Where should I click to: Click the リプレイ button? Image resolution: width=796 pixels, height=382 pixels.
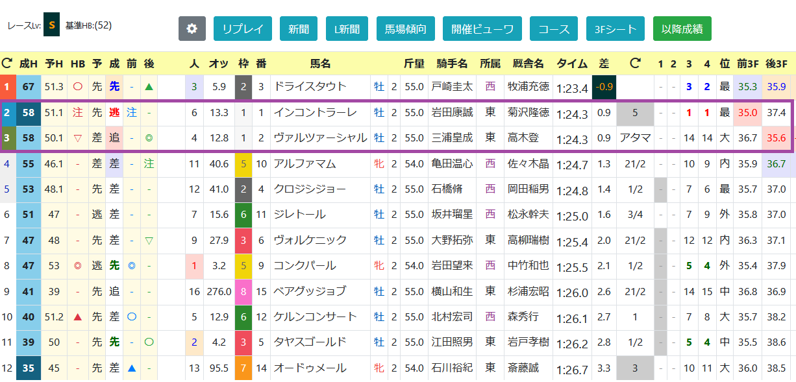243,29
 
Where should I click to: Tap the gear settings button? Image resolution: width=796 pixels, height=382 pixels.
192,29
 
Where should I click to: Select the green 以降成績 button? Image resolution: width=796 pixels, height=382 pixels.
682,29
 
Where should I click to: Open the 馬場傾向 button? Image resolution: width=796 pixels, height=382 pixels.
405,29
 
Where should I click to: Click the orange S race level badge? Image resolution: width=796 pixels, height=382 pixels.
51,25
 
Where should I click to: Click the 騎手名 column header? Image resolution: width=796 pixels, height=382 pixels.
452,64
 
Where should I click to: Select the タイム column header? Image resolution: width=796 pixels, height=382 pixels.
572,64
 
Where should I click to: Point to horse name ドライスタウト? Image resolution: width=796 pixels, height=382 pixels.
310,87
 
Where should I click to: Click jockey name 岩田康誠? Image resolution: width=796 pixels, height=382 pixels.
452,113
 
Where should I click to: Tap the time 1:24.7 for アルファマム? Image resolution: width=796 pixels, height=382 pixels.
572,165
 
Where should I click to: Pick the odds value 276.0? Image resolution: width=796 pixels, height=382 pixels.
219,291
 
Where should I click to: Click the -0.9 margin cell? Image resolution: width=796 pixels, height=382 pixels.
604,87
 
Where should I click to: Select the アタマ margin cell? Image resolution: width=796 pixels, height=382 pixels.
635,137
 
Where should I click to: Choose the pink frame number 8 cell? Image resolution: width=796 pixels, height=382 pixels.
243,292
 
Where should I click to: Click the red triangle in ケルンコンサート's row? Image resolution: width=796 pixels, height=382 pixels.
77,316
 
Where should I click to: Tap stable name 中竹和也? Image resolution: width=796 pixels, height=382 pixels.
528,265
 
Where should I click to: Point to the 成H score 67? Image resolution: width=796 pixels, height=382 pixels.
29,87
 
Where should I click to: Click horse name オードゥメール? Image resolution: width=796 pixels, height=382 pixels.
310,368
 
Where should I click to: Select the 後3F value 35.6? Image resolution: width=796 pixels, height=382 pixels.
776,137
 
